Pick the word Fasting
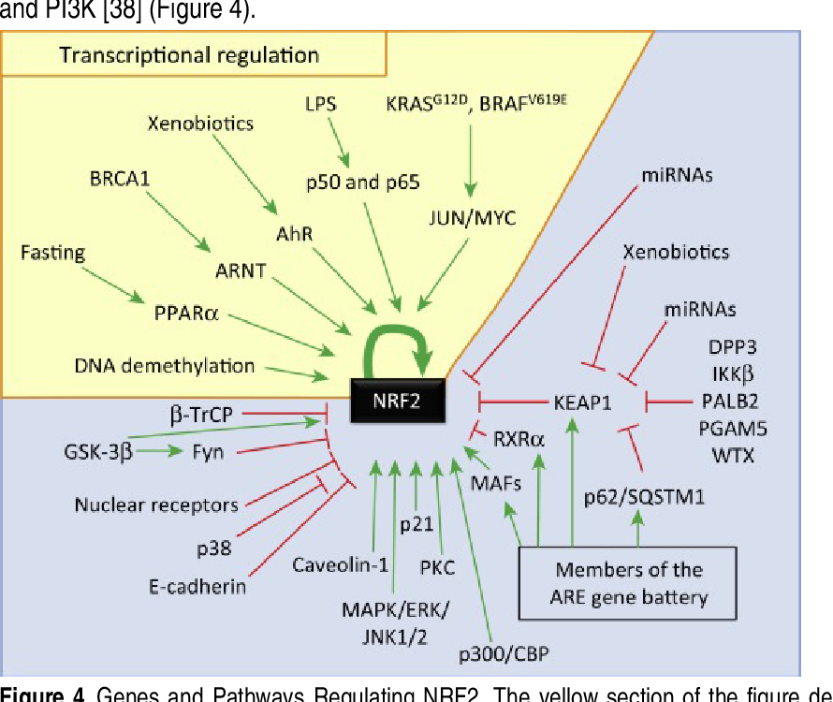click(x=53, y=253)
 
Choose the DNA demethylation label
click(x=164, y=365)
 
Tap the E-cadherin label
click(x=197, y=587)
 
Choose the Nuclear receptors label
click(x=156, y=505)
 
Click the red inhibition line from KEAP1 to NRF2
click(x=512, y=403)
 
